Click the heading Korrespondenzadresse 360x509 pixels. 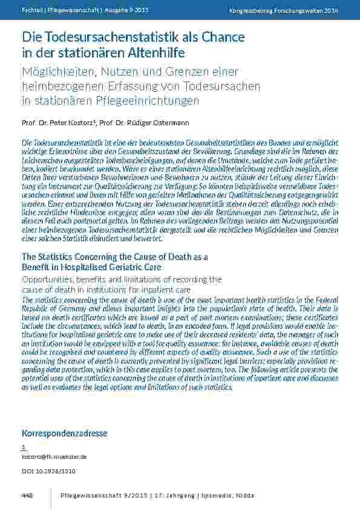[64, 433]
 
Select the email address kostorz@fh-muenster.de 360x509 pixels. [54, 457]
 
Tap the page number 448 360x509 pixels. [27, 496]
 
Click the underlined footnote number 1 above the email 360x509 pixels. [24, 447]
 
